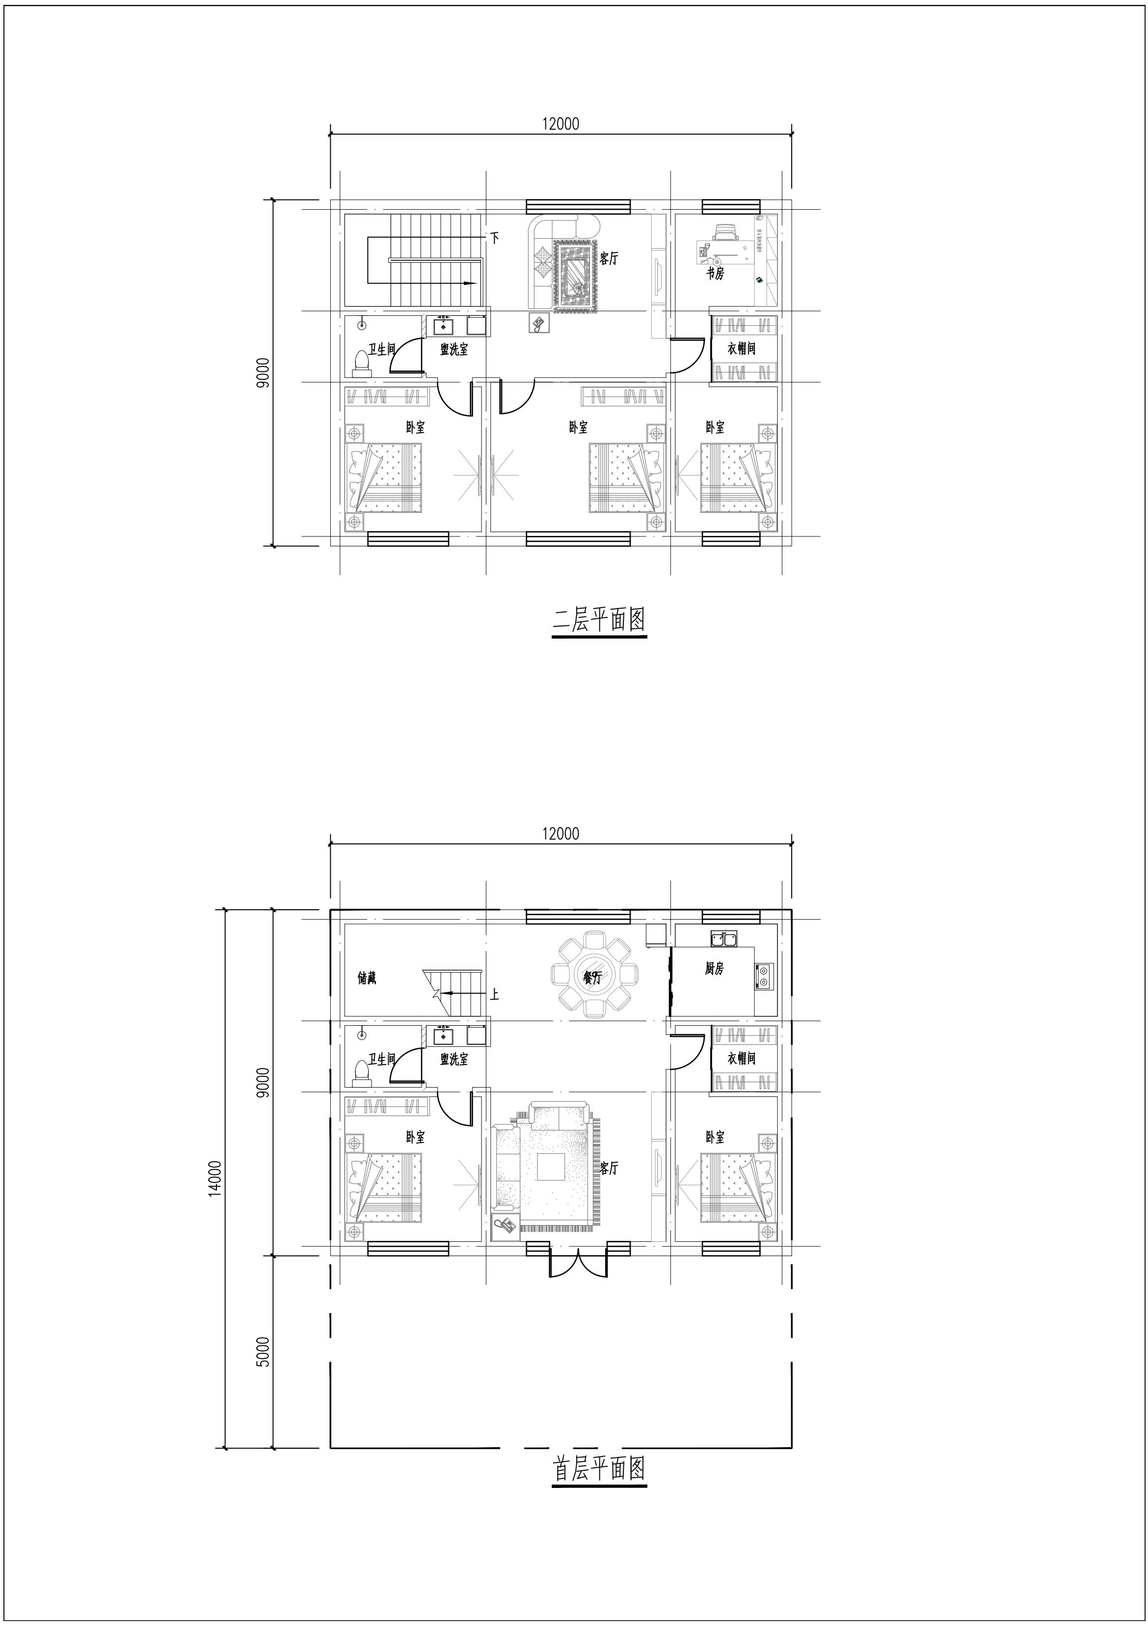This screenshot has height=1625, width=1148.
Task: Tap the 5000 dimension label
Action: [263, 1352]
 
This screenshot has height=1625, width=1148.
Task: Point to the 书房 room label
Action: [715, 273]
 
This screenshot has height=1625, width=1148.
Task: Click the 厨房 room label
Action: [715, 969]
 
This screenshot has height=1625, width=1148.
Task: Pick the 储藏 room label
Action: [367, 978]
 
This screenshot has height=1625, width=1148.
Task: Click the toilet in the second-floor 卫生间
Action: [361, 363]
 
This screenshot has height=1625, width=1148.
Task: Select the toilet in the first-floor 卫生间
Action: [361, 1073]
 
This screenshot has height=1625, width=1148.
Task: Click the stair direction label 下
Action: [494, 239]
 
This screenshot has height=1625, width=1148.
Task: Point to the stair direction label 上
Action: [494, 994]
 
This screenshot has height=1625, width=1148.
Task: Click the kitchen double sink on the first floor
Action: [722, 939]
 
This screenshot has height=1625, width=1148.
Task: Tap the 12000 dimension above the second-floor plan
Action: [561, 124]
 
